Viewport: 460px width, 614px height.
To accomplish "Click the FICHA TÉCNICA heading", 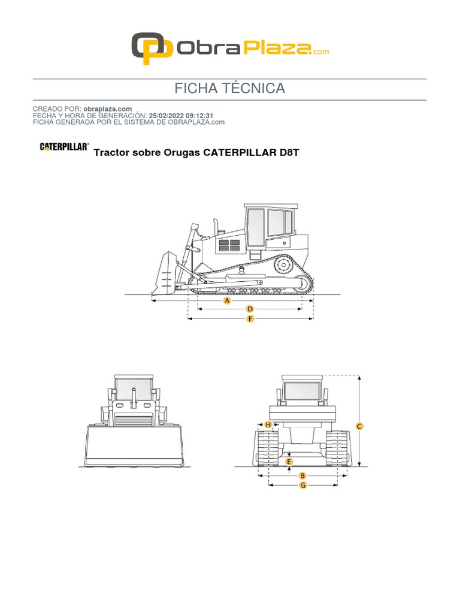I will tap(229, 89).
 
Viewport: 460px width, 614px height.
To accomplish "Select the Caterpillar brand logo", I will tap(65, 146).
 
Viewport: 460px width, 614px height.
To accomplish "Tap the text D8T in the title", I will tap(289, 152).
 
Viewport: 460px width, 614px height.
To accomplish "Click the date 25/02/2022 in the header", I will tap(168, 115).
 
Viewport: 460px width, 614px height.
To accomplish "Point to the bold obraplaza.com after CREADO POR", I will tap(108, 109).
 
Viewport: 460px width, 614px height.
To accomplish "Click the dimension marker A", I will tap(227, 301).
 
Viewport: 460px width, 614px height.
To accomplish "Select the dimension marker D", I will tap(250, 309).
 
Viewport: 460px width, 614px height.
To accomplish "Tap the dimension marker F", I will tap(250, 320).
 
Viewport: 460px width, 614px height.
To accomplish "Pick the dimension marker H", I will tap(268, 425).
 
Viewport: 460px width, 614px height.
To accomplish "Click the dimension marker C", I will tap(359, 426).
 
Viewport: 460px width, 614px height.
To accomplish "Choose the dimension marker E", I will tap(289, 461).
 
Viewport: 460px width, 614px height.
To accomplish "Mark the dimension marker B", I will tap(302, 475).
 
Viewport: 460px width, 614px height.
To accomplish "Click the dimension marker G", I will tap(303, 484).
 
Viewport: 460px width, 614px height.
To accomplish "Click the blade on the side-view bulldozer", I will tap(165, 273).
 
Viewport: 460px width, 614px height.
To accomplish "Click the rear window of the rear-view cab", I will tap(303, 392).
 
